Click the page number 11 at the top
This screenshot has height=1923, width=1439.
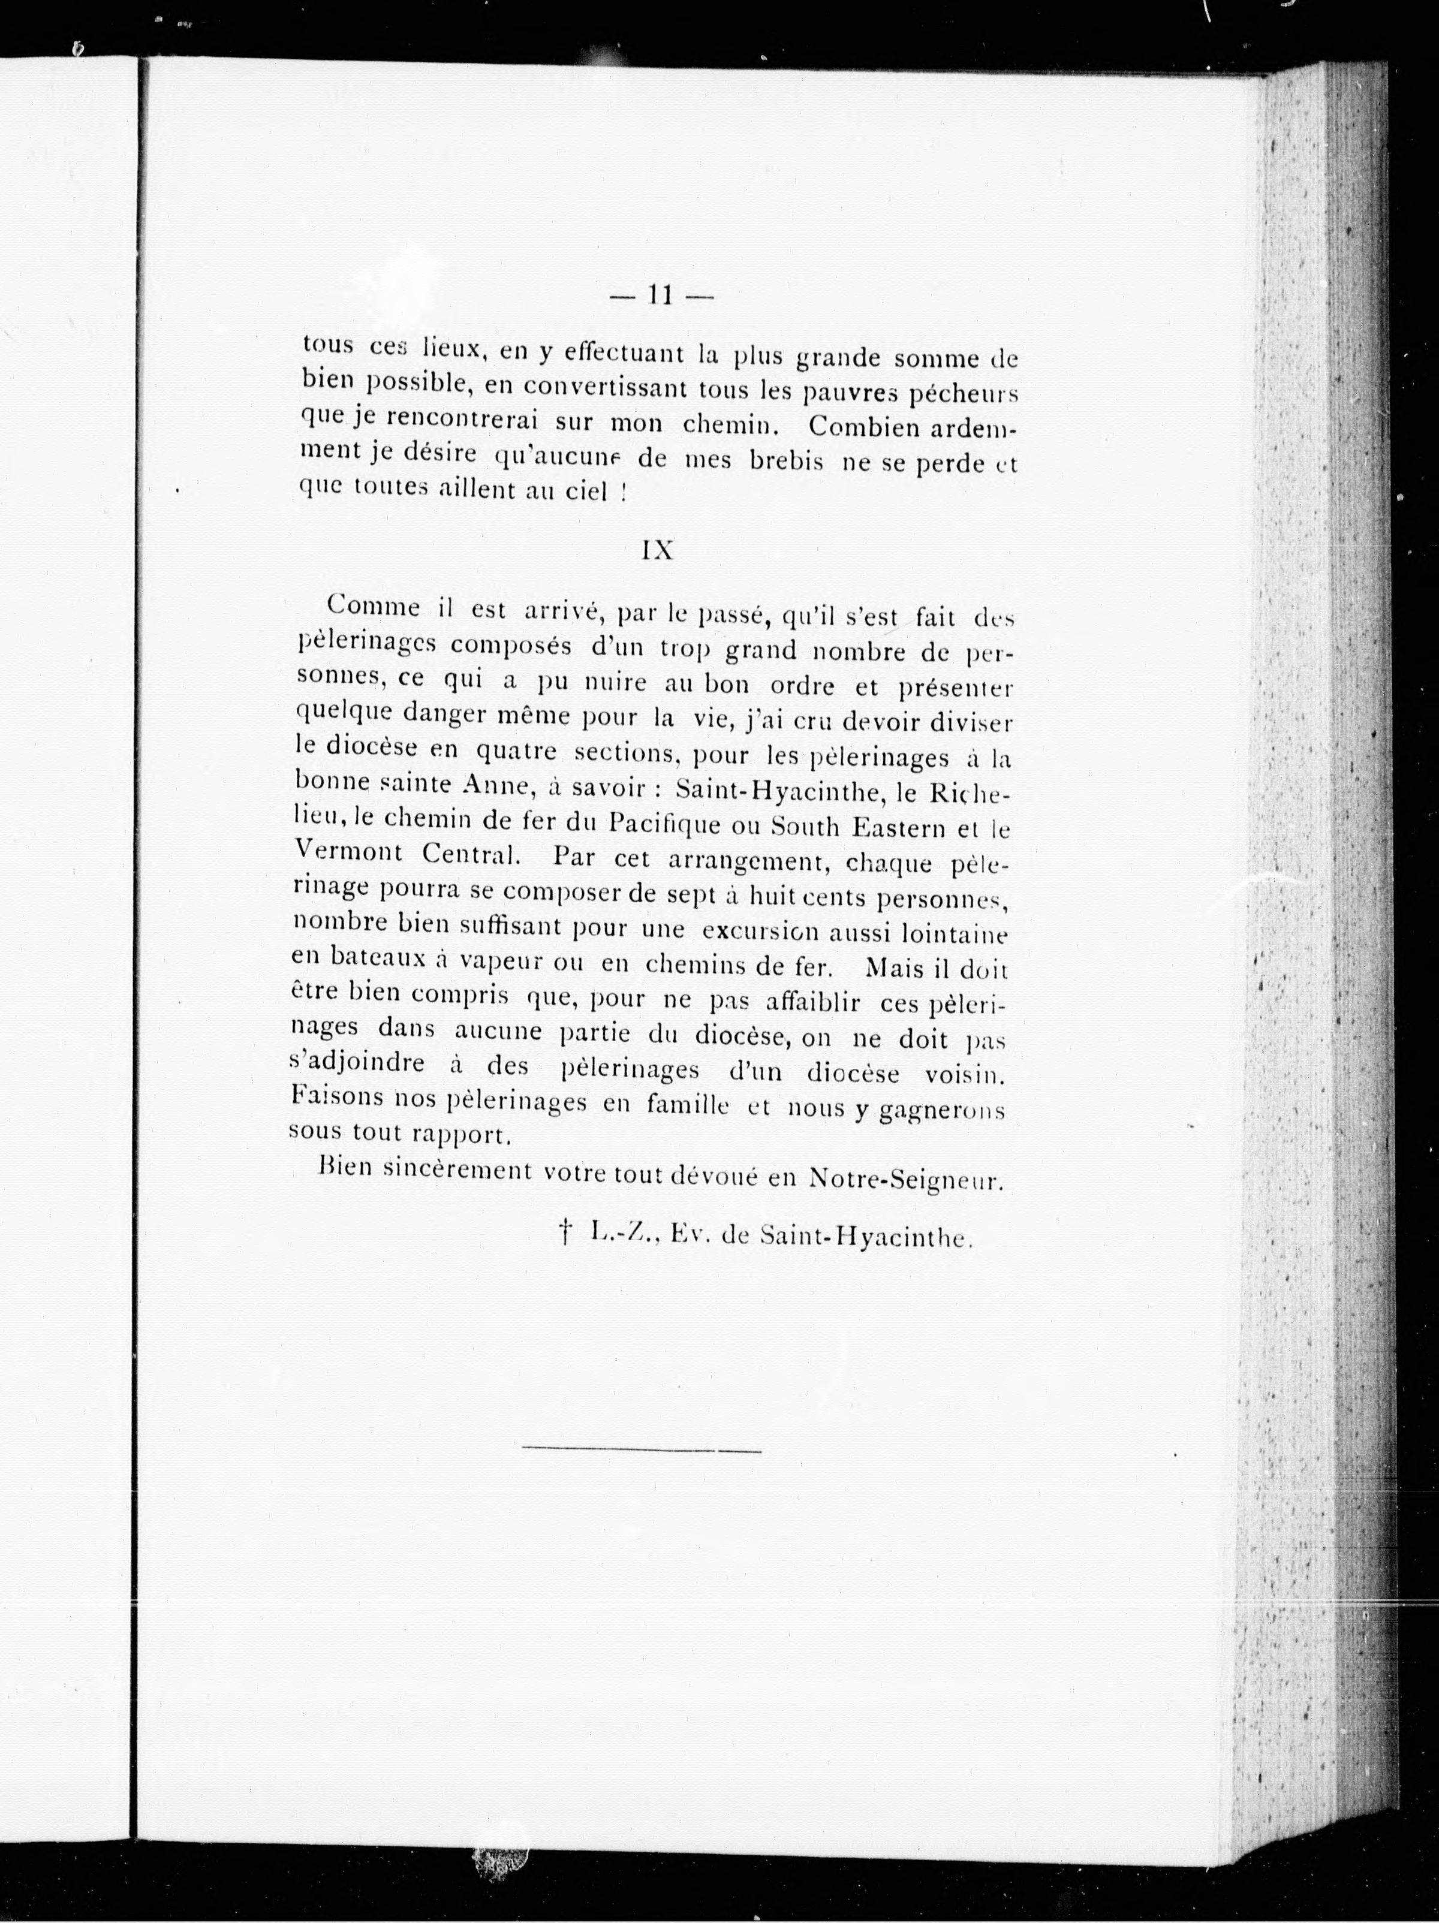click(x=661, y=297)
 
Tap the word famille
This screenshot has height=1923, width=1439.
click(x=687, y=1105)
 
